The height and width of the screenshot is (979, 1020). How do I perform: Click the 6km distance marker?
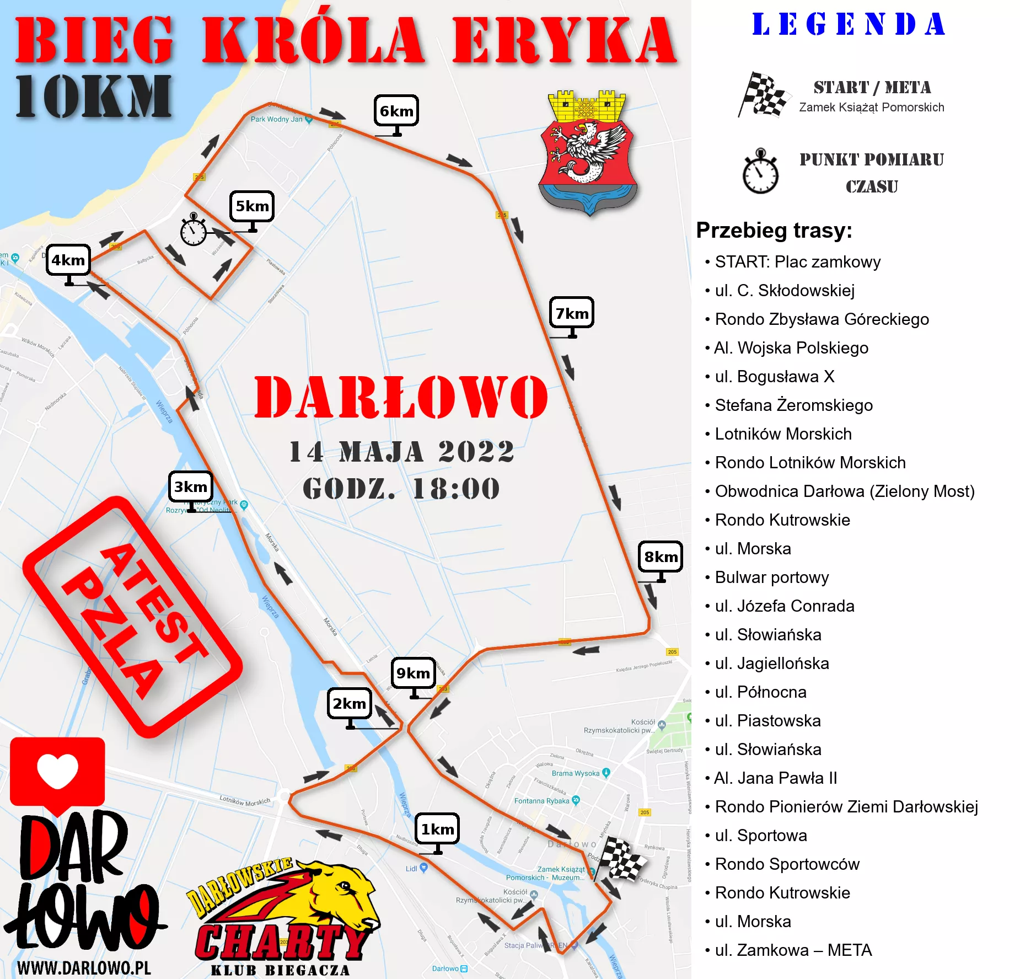pyautogui.click(x=396, y=111)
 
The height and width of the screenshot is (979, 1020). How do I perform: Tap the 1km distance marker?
pyautogui.click(x=437, y=829)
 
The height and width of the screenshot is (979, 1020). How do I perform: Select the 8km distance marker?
pyautogui.click(x=661, y=557)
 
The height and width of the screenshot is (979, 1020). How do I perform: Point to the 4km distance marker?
pyautogui.click(x=68, y=260)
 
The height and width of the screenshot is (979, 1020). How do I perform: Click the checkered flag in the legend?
pyautogui.click(x=762, y=95)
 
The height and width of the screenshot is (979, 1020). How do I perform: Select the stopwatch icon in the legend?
pyautogui.click(x=760, y=172)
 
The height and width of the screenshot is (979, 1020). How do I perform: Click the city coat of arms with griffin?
pyautogui.click(x=588, y=152)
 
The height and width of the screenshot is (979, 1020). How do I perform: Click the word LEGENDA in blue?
pyautogui.click(x=849, y=25)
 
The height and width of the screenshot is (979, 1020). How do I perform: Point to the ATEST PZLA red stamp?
pyautogui.click(x=132, y=617)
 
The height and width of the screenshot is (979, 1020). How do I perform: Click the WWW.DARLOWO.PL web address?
pyautogui.click(x=84, y=968)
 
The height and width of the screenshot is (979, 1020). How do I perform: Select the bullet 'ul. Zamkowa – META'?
pyautogui.click(x=793, y=950)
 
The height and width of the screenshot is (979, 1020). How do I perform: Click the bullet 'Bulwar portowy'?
pyautogui.click(x=771, y=577)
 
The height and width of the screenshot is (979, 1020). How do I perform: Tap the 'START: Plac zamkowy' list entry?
pyautogui.click(x=797, y=262)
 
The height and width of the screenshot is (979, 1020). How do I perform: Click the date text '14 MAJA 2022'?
pyautogui.click(x=401, y=452)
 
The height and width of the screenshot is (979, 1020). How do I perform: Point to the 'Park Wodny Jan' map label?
pyautogui.click(x=277, y=119)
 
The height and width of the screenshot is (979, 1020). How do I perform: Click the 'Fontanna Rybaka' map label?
pyautogui.click(x=541, y=801)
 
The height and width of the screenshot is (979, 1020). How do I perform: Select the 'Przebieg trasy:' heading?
pyautogui.click(x=774, y=231)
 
